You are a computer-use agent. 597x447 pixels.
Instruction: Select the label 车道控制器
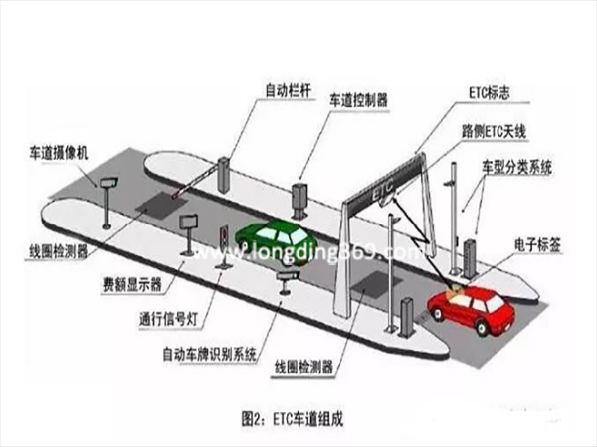point(359,102)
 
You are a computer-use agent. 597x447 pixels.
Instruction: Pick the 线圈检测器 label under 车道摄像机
point(57,251)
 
